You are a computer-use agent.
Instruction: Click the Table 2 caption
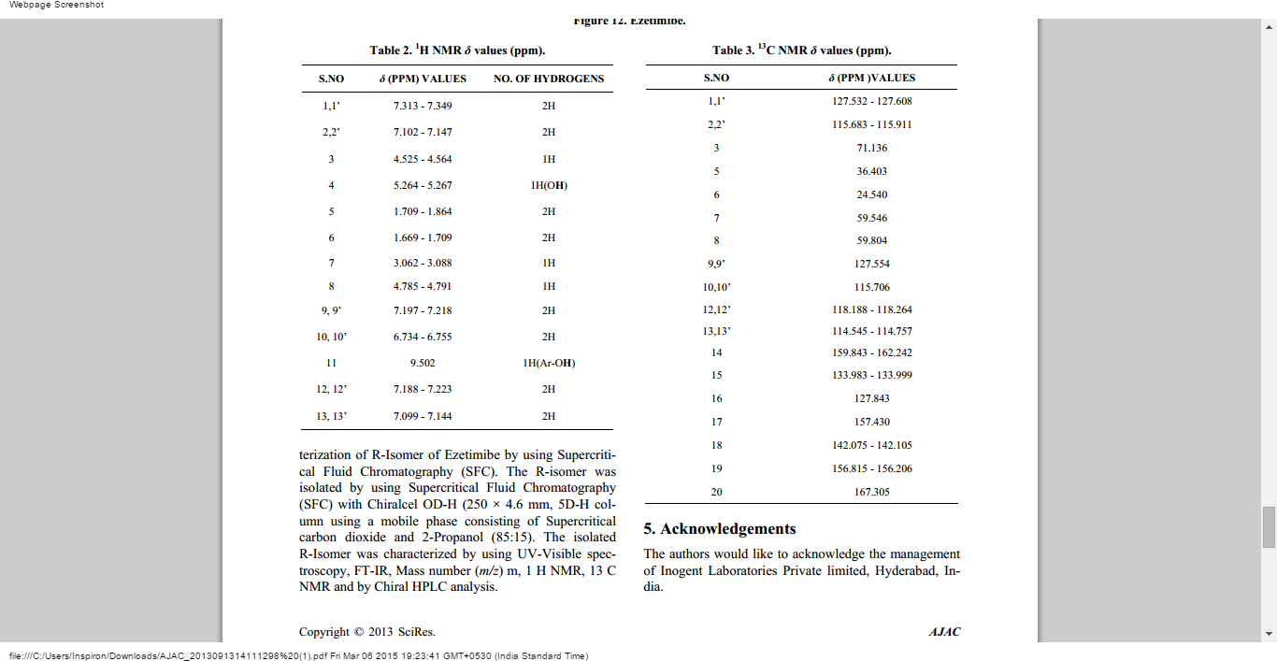[x=457, y=50]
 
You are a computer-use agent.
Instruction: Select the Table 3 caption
[x=801, y=50]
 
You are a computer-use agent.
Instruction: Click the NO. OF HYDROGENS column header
[x=549, y=79]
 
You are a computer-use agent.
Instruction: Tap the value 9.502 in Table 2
[x=423, y=363]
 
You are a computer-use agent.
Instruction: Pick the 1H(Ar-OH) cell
[x=549, y=363]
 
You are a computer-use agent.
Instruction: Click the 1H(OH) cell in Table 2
[x=549, y=185]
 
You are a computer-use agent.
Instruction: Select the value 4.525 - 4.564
[x=423, y=159]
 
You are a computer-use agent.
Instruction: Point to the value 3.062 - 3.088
[x=423, y=264]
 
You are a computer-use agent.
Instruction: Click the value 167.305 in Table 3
[x=871, y=492]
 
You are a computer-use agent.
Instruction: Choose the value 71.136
[x=871, y=148]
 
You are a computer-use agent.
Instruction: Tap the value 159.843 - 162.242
[x=871, y=352]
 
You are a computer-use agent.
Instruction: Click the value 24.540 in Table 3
[x=871, y=194]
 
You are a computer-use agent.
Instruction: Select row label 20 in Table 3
[x=716, y=492]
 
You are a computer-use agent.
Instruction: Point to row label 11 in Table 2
[x=331, y=363]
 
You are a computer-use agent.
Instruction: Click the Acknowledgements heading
[x=720, y=529]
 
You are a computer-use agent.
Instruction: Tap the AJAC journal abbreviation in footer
[x=944, y=632]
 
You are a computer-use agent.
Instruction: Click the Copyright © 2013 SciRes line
[x=367, y=632]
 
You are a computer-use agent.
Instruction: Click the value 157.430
[x=871, y=422]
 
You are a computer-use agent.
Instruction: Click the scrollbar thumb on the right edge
[x=1269, y=527]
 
